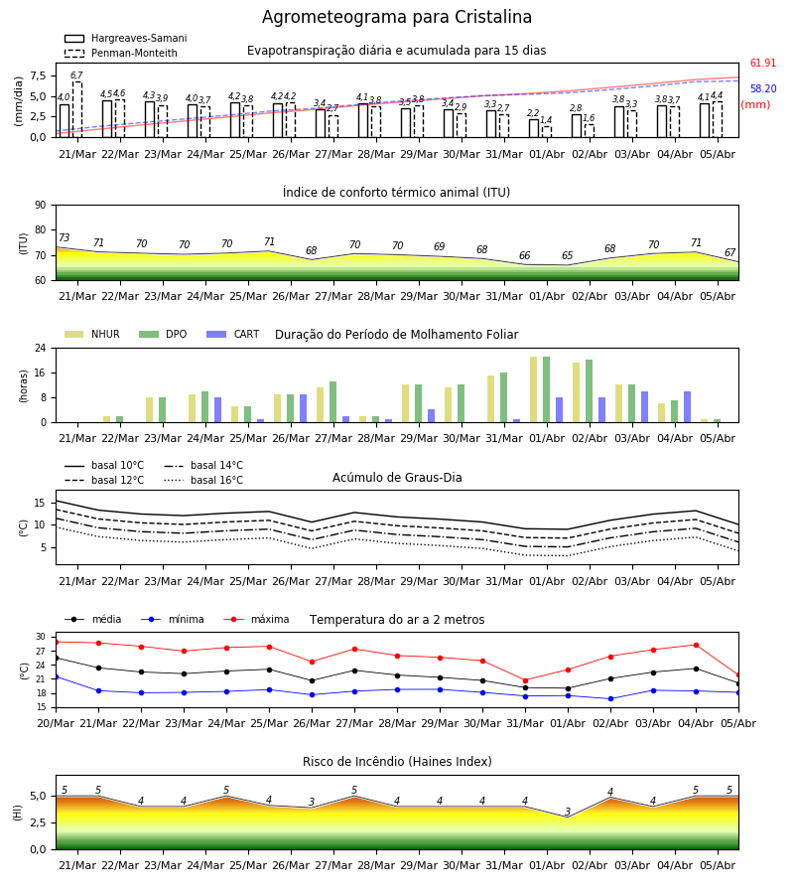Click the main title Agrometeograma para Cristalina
(396, 17)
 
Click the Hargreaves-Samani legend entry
(125, 38)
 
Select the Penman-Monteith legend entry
(121, 53)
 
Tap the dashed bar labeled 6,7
(76, 109)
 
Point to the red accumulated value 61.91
(763, 63)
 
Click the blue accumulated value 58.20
(763, 88)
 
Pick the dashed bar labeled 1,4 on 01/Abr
(547, 132)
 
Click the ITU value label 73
(65, 237)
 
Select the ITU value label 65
(568, 255)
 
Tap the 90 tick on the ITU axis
(41, 206)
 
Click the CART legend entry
(233, 334)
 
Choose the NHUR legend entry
(92, 334)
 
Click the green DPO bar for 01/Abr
(546, 389)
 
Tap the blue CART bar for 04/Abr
(688, 407)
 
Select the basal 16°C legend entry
(203, 480)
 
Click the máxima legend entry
(256, 619)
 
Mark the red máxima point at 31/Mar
(525, 680)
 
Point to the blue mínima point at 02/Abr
(610, 698)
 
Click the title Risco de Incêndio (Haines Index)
(397, 762)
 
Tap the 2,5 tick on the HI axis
(40, 822)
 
